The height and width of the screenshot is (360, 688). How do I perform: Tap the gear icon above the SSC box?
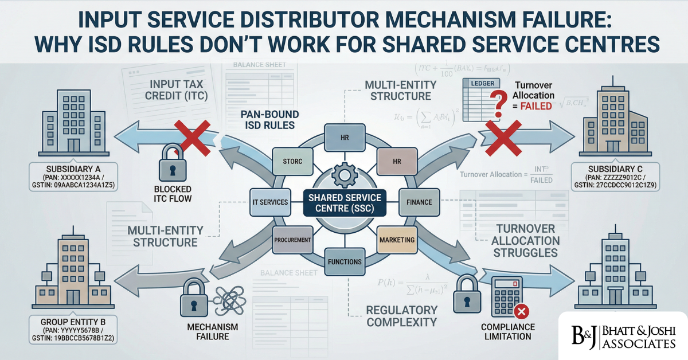pyautogui.click(x=345, y=173)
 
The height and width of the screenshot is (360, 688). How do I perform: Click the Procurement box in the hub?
pyautogui.click(x=292, y=239)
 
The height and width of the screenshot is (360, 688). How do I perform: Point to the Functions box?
pyautogui.click(x=345, y=262)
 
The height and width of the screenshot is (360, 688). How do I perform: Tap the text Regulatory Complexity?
pyautogui.click(x=401, y=315)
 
